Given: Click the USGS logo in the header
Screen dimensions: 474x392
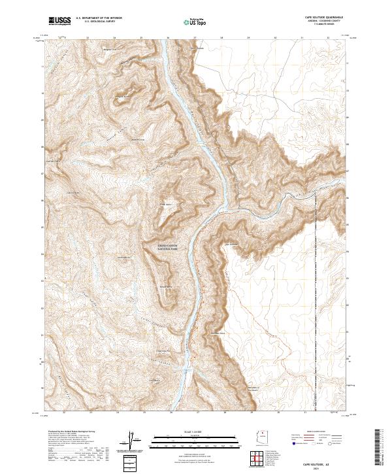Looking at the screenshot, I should (59, 22).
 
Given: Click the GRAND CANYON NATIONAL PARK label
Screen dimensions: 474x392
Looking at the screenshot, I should (168, 247).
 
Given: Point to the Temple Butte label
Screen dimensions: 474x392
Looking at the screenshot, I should (167, 286).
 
